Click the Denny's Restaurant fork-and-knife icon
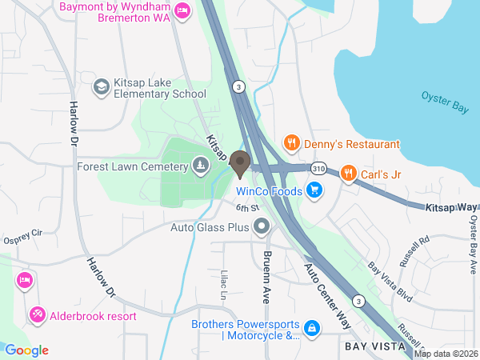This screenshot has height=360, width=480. click(292, 144)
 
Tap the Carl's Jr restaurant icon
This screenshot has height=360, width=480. click(348, 172)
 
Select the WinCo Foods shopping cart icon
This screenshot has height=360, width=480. click(314, 191)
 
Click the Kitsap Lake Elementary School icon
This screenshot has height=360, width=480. click(102, 86)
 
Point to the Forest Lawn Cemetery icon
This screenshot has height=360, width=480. click(200, 166)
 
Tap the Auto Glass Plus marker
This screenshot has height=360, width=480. click(262, 228)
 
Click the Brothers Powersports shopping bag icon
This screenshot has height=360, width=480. click(311, 328)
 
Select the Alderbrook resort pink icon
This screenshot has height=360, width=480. click(37, 315)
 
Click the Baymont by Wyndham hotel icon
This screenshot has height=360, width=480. click(182, 10)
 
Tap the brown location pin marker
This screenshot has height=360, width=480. click(239, 165)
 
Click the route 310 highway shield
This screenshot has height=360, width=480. click(319, 169)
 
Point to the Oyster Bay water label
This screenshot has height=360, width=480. click(444, 102)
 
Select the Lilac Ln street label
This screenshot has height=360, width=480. click(224, 285)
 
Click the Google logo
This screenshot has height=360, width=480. click(26, 350)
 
